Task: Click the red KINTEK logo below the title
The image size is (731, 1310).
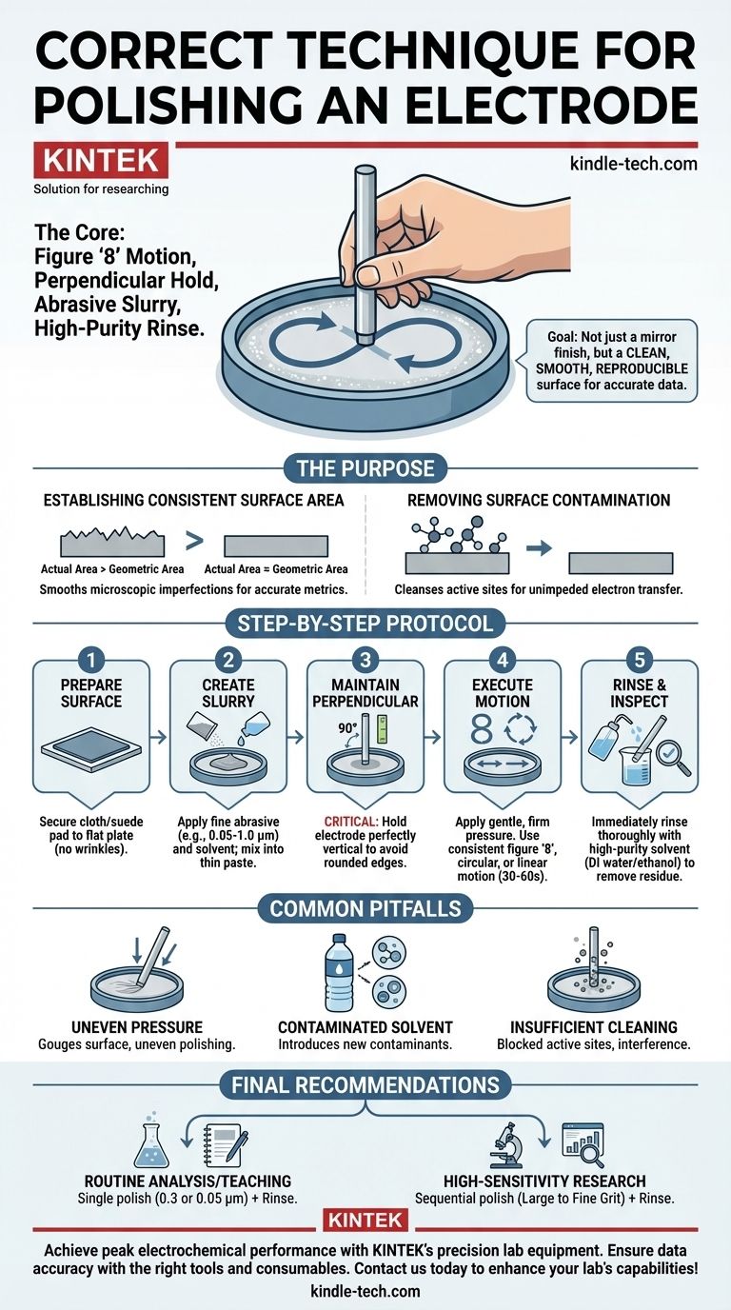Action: click(x=101, y=160)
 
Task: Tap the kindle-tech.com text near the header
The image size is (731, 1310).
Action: click(x=633, y=163)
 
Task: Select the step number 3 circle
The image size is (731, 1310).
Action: click(x=365, y=660)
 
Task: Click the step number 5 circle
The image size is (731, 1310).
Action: click(x=640, y=660)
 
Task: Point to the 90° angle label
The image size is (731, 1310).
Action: click(x=347, y=728)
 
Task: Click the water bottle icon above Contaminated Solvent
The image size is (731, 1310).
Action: click(x=340, y=974)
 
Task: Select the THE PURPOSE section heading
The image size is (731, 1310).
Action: click(x=365, y=468)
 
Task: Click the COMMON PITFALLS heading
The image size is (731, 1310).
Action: click(x=365, y=908)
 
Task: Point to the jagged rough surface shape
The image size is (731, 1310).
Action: click(x=112, y=542)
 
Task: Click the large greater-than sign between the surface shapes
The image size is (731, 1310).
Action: click(x=194, y=541)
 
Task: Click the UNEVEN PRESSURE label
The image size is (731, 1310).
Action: click(x=137, y=1027)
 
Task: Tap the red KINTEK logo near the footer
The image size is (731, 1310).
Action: click(x=365, y=1220)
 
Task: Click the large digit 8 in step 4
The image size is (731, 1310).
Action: click(x=482, y=729)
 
